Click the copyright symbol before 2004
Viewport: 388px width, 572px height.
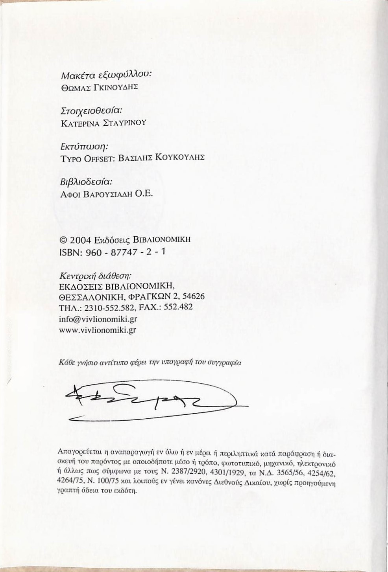[62, 240]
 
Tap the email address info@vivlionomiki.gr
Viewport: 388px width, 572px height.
[98, 318]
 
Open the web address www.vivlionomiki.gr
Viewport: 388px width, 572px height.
[97, 329]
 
